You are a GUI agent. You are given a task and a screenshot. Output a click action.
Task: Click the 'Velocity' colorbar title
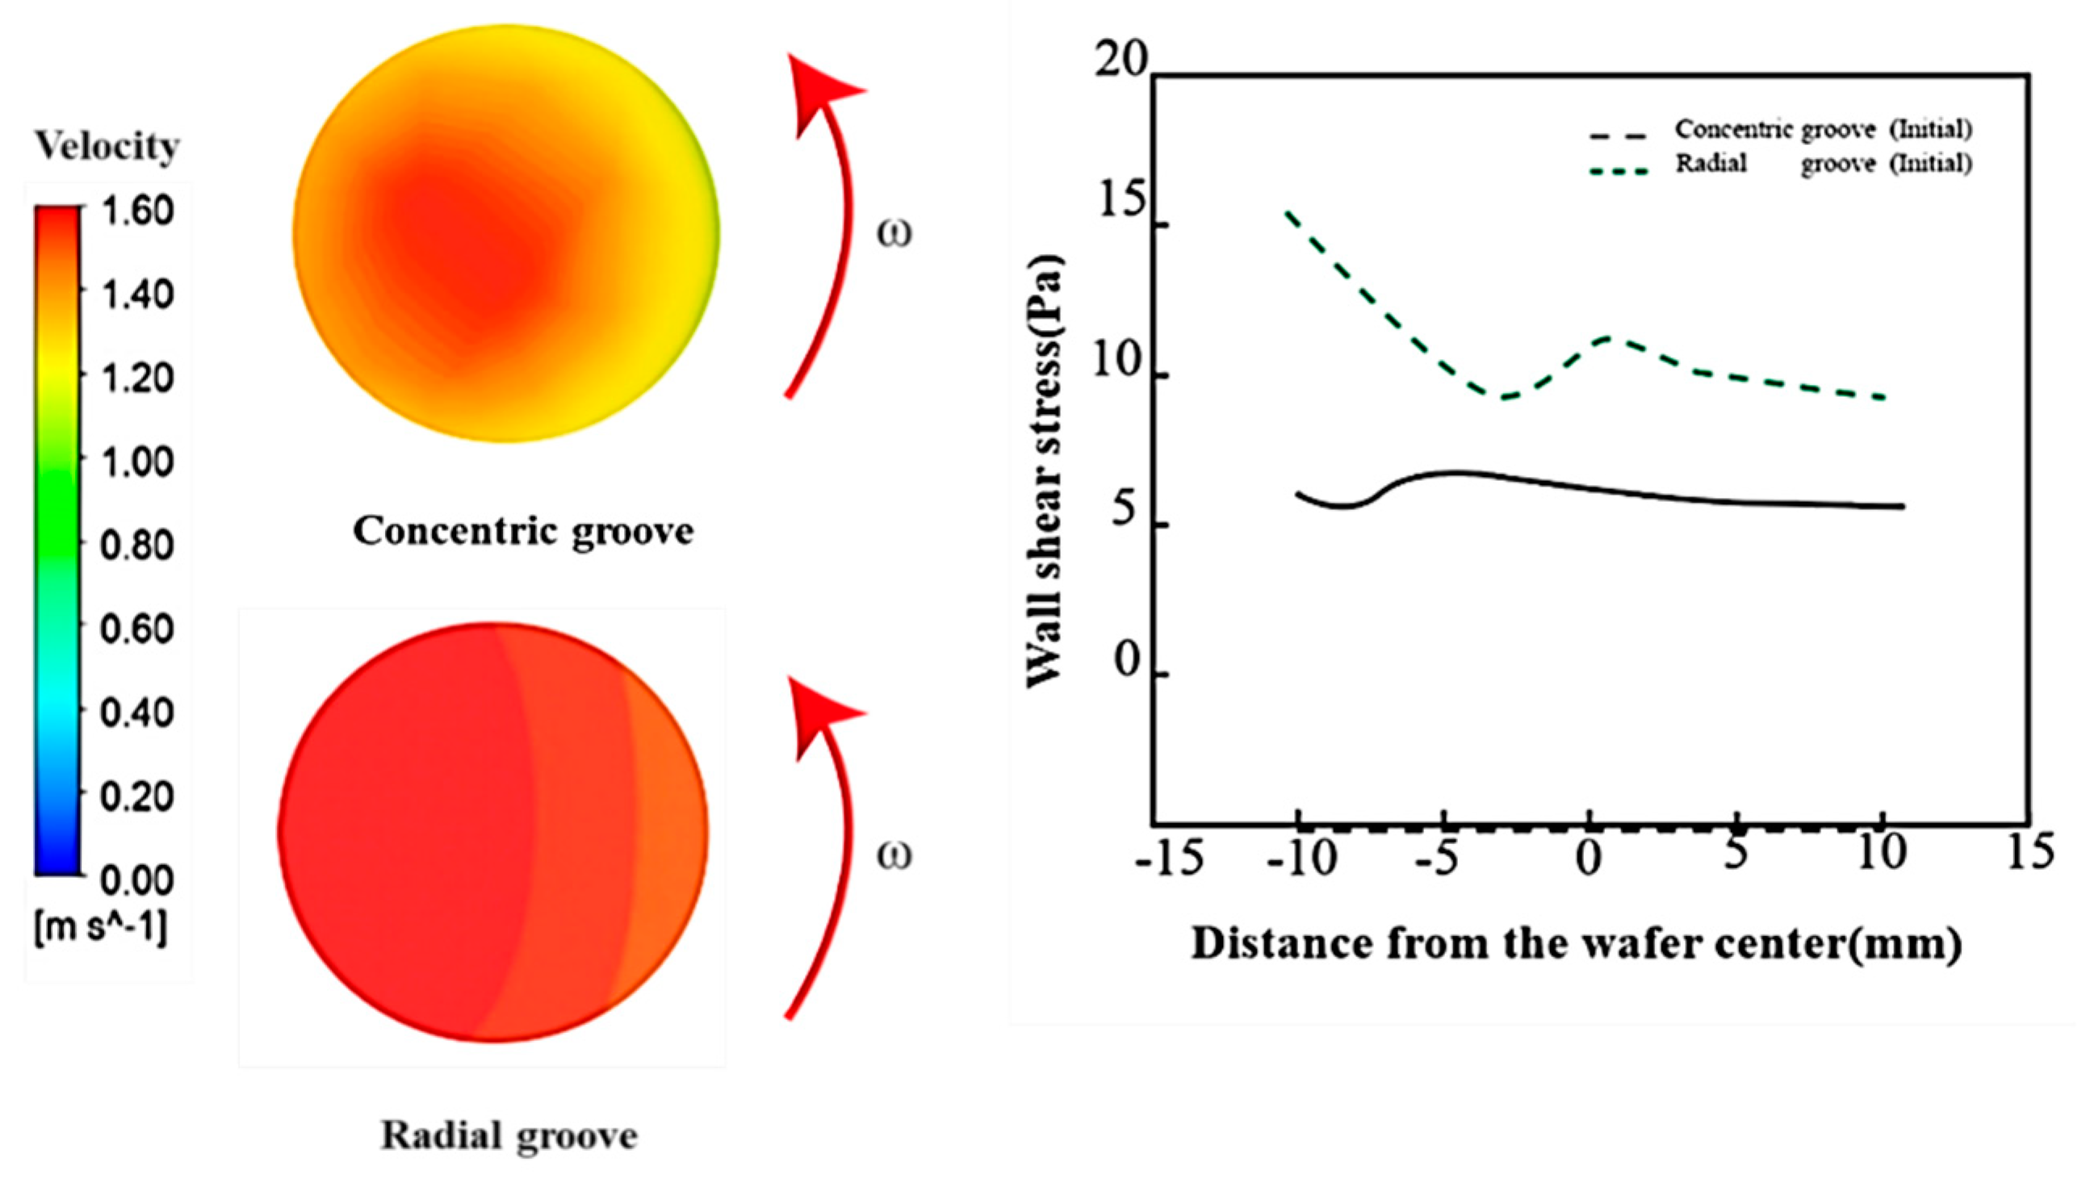click(107, 147)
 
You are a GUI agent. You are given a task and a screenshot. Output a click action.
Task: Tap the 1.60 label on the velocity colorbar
click(136, 211)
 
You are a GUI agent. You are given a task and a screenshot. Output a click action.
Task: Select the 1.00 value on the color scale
click(136, 462)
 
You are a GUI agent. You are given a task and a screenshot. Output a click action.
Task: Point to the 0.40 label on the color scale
click(136, 713)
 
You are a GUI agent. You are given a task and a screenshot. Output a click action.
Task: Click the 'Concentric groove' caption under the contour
click(523, 532)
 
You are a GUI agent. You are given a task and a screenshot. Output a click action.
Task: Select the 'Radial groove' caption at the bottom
click(509, 1135)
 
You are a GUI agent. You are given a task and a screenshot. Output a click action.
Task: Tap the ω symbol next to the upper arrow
click(894, 233)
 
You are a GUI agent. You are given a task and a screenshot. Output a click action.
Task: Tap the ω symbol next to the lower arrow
click(894, 856)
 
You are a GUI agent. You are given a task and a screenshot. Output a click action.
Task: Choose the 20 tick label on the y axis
click(1120, 61)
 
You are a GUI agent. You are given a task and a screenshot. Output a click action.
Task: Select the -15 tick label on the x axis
click(1169, 859)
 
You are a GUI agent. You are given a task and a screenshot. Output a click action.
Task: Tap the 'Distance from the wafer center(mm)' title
click(1576, 945)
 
